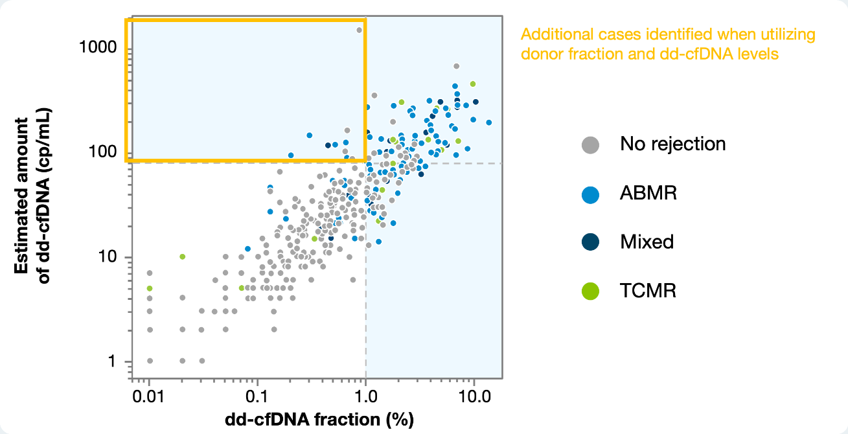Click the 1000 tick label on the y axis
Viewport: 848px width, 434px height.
pos(98,47)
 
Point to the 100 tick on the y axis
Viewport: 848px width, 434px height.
pos(104,152)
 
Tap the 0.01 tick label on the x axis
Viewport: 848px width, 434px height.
pos(149,394)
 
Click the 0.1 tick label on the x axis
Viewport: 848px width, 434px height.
pos(257,394)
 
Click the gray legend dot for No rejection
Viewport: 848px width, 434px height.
pos(590,144)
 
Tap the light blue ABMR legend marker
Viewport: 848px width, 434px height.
pos(590,193)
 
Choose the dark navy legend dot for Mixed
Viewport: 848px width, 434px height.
pos(590,242)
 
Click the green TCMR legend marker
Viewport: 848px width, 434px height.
pos(590,291)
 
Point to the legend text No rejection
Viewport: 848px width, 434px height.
pos(672,144)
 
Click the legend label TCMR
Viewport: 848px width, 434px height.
pos(648,291)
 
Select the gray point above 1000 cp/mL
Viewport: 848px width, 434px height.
pos(360,30)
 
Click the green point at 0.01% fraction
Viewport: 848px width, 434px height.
pos(150,288)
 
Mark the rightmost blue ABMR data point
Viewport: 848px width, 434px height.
pos(489,122)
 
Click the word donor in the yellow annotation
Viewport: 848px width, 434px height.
pos(540,54)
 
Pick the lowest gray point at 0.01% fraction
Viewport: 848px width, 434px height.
pos(150,361)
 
